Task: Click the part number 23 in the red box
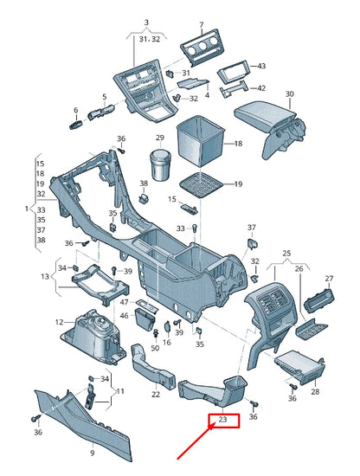pyautogui.click(x=223, y=421)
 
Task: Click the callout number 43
pyautogui.click(x=261, y=67)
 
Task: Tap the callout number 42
pyautogui.click(x=261, y=88)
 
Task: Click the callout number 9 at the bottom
pyautogui.click(x=93, y=453)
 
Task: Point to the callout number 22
pyautogui.click(x=156, y=395)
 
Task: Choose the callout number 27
pyautogui.click(x=329, y=278)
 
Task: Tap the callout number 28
pyautogui.click(x=313, y=392)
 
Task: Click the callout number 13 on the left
pyautogui.click(x=45, y=276)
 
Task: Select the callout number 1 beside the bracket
pyautogui.click(x=26, y=209)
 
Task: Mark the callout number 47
pyautogui.click(x=125, y=302)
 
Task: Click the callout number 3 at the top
pyautogui.click(x=146, y=22)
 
